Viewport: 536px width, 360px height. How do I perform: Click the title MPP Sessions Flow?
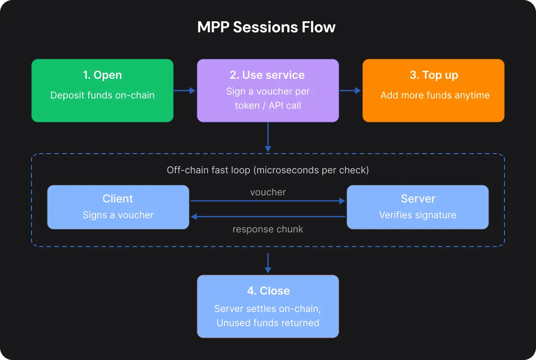click(x=266, y=27)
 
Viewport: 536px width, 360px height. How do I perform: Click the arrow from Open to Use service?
click(x=184, y=91)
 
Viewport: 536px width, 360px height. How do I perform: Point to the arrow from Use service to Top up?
click(x=350, y=91)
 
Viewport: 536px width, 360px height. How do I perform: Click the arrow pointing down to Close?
click(x=268, y=263)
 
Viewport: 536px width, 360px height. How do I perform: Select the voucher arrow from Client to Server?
click(x=268, y=201)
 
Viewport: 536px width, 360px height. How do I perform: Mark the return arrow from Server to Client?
click(x=268, y=217)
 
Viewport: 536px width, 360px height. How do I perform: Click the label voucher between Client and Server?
click(x=268, y=192)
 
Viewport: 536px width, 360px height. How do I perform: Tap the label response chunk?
click(x=268, y=229)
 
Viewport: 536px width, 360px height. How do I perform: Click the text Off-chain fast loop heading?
click(x=268, y=170)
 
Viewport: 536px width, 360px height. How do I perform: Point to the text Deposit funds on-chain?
click(x=102, y=95)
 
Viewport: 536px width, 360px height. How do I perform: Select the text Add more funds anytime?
click(x=435, y=95)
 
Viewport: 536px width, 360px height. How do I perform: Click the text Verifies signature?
click(x=418, y=215)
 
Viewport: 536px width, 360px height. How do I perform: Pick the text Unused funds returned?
click(x=268, y=323)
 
